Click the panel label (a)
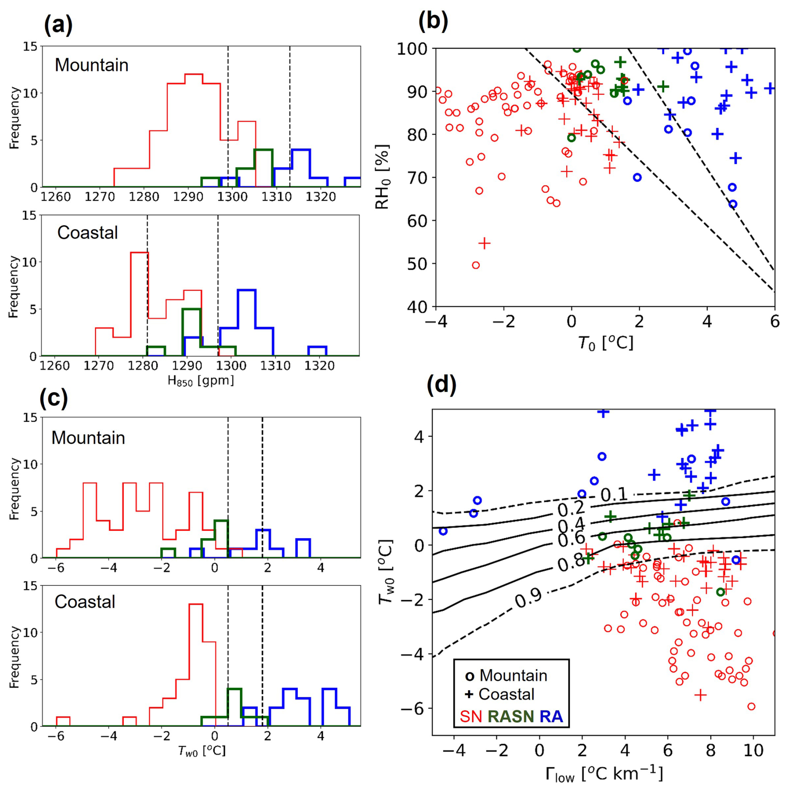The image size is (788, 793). (x=58, y=25)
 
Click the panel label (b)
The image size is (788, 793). (x=433, y=21)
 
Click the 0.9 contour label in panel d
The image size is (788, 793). (x=528, y=599)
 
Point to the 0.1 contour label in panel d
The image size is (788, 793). (x=614, y=495)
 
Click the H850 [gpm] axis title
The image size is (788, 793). (x=201, y=380)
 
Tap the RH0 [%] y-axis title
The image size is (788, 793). (x=382, y=177)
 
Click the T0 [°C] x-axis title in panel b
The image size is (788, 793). (x=605, y=343)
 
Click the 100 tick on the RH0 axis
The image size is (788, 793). (x=412, y=49)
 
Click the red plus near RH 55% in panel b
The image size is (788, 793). (x=484, y=243)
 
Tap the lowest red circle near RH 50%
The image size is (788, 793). (x=476, y=265)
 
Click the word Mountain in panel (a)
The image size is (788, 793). (x=92, y=65)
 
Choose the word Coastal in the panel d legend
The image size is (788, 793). (x=506, y=694)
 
